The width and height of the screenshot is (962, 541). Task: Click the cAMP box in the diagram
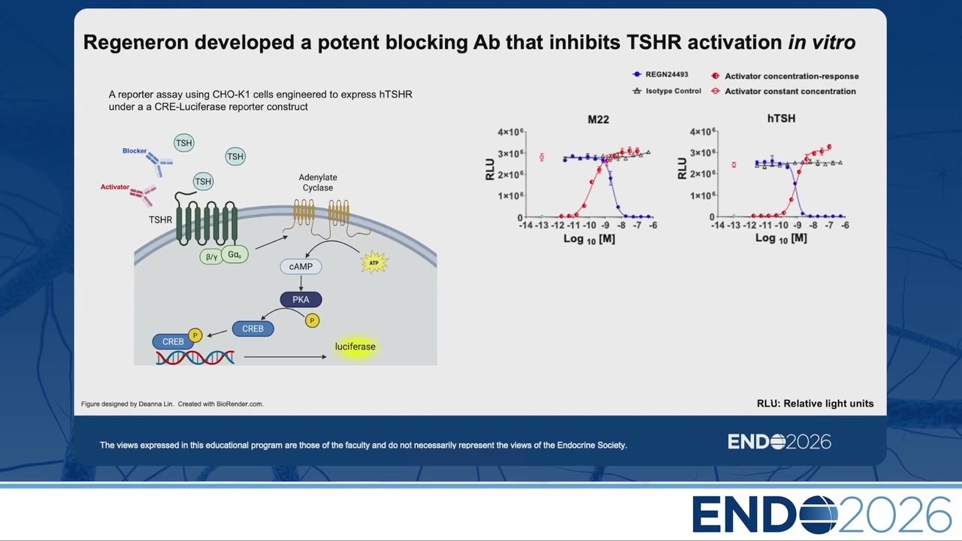point(301,267)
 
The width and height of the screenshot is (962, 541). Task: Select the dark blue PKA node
point(301,300)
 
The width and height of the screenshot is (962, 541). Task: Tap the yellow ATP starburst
point(374,262)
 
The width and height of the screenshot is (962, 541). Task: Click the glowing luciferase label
point(355,346)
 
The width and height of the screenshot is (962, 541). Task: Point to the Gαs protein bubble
point(234,254)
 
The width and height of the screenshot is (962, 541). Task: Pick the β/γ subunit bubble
point(211,257)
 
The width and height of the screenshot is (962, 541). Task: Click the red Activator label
point(115,187)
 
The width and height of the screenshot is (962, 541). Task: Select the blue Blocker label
point(135,151)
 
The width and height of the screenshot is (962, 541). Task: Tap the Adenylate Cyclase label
point(318,183)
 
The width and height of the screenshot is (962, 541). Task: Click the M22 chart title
point(598,119)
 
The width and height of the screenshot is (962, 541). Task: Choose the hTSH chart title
point(781,119)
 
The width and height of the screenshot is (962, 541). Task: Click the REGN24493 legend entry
point(661,74)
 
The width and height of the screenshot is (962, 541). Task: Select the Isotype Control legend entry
point(667,91)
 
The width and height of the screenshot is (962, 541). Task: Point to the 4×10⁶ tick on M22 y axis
point(510,131)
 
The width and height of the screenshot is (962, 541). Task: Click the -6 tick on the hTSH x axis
point(845,225)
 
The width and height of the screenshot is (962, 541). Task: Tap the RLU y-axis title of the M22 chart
point(490,170)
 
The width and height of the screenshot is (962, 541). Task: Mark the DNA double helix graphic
point(195,358)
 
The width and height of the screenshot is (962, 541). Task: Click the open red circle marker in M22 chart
point(542,158)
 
